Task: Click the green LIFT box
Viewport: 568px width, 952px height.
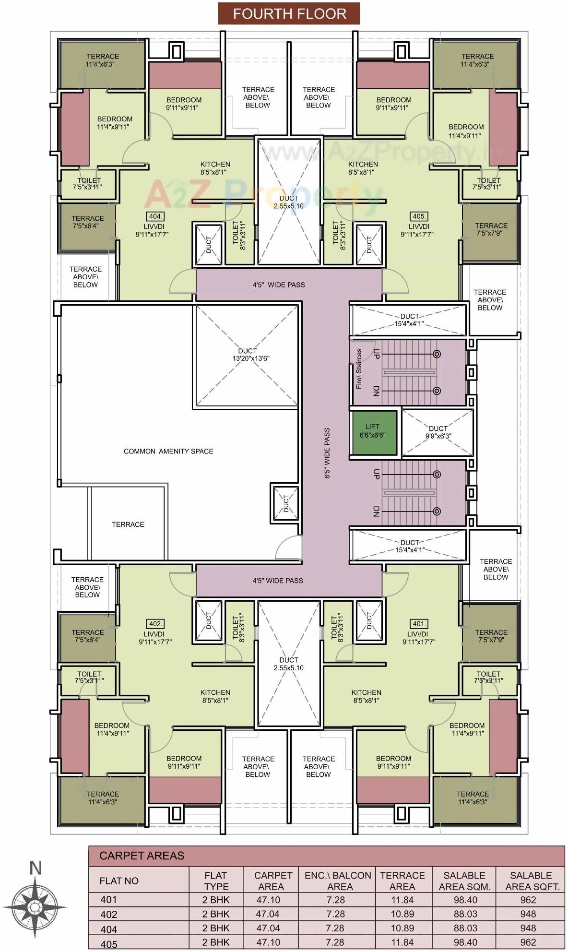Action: point(375,431)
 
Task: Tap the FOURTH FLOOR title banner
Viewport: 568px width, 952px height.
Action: point(289,13)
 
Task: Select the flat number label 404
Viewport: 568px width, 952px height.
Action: point(155,216)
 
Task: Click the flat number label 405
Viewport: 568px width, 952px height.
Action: point(419,216)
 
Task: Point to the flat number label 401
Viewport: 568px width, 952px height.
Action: point(419,624)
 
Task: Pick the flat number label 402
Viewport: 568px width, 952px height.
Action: point(155,624)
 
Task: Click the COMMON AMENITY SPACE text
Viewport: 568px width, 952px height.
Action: point(168,451)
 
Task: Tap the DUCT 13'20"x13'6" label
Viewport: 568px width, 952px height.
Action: point(247,355)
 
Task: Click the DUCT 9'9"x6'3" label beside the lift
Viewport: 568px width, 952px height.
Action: point(438,432)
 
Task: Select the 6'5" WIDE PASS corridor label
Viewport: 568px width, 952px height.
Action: point(327,453)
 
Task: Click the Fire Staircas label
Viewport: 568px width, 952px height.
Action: point(359,369)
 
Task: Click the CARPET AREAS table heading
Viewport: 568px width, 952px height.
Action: point(142,856)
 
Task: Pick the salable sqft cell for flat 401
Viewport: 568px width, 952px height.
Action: point(528,900)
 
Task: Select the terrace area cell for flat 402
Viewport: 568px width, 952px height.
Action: point(402,914)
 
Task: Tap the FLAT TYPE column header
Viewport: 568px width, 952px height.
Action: point(216,881)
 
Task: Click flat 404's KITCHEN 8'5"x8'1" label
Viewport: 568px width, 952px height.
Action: point(215,168)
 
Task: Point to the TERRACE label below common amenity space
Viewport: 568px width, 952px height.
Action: point(128,524)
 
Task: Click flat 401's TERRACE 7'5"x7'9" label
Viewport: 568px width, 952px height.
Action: point(491,636)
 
